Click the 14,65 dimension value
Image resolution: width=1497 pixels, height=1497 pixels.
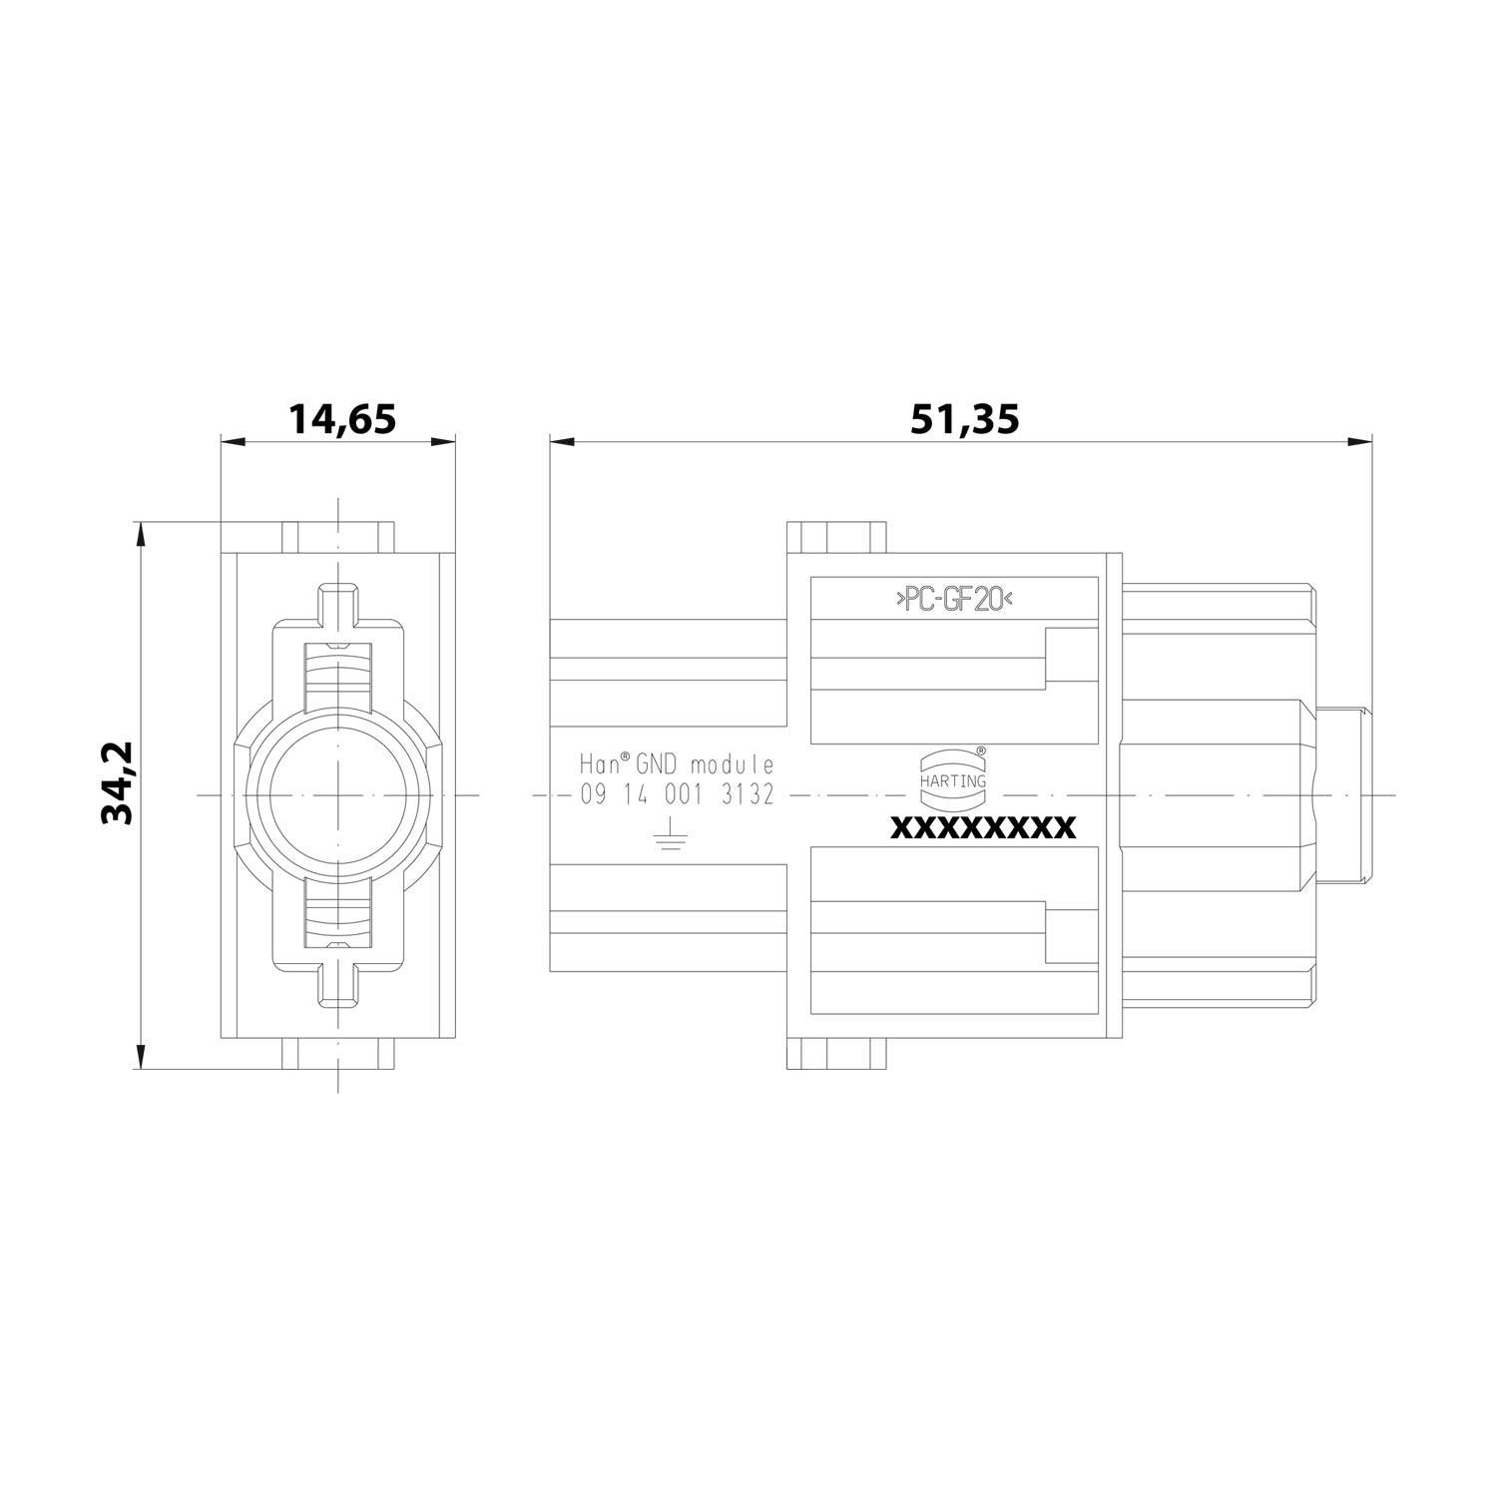pos(342,419)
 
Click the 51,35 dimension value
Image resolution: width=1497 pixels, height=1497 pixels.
pos(964,419)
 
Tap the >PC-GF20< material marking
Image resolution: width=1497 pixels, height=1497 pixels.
pos(953,600)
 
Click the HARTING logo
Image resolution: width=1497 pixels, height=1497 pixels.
pos(952,773)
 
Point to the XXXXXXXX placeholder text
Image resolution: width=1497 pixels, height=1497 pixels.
pos(982,828)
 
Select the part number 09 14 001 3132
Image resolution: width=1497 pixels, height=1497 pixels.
pos(678,795)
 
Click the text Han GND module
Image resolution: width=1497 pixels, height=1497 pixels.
pos(678,765)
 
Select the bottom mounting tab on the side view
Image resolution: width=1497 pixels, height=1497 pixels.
pos(836,1054)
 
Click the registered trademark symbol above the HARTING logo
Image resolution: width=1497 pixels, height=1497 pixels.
pos(980,749)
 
